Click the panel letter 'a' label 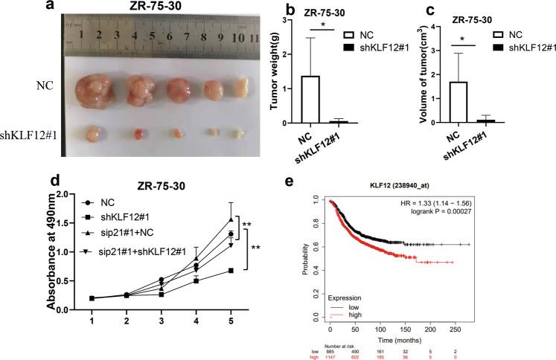7,8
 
